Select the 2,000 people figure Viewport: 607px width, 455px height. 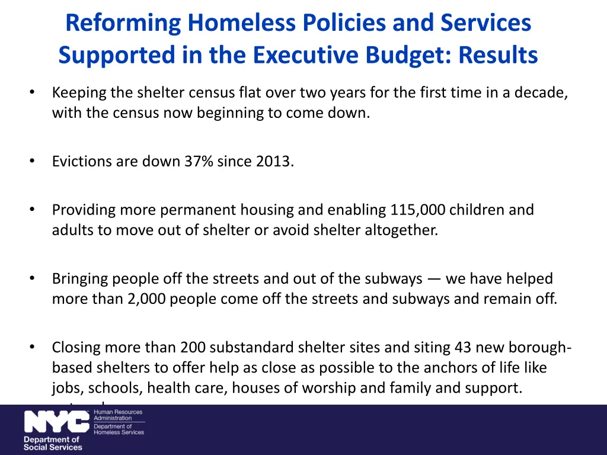(146, 299)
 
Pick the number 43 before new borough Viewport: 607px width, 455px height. (463, 347)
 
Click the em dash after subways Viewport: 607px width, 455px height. (434, 278)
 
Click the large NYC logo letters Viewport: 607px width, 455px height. (57, 422)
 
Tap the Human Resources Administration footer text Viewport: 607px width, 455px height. (118, 415)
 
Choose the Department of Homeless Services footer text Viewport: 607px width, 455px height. (119, 430)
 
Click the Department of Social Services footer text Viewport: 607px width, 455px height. (53, 443)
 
